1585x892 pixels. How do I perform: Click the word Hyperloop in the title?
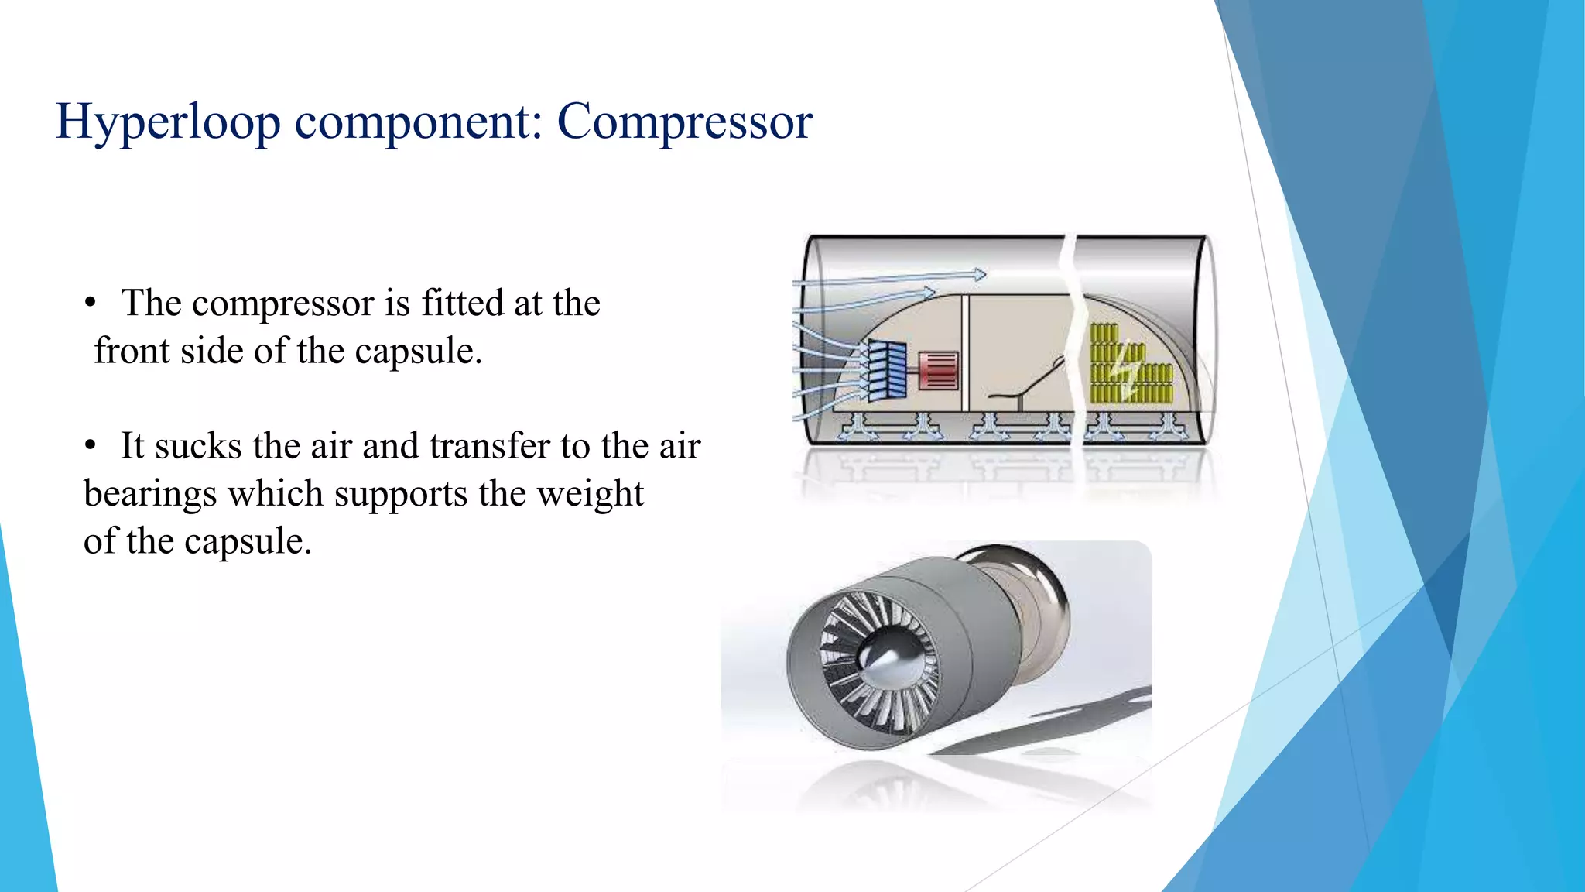168,122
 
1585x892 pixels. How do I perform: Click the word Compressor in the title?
684,122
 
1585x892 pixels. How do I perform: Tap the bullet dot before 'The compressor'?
91,304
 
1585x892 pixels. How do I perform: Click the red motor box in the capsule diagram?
939,370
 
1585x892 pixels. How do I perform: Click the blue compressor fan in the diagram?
887,371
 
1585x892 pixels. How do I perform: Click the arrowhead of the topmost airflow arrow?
980,274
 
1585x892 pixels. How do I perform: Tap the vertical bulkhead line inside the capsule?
965,352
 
